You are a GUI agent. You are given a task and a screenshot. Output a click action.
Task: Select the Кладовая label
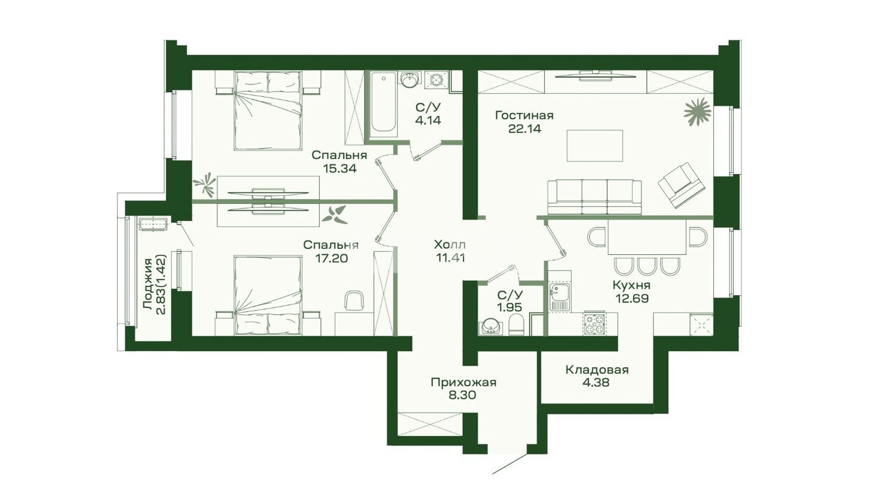(x=597, y=370)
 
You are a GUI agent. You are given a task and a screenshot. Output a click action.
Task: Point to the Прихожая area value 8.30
(x=463, y=396)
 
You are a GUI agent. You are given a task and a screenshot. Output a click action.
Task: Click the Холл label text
(x=450, y=245)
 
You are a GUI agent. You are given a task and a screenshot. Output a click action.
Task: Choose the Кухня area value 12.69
(x=631, y=298)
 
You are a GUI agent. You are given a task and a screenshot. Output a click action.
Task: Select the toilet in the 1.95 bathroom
(x=516, y=324)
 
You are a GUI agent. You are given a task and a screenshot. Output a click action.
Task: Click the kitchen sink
(x=559, y=296)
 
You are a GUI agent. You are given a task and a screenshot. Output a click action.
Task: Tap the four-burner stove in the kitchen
(x=595, y=324)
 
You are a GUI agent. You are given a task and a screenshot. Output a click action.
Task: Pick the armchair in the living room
(x=681, y=185)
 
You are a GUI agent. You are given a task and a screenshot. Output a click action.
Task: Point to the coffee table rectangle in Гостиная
(x=595, y=146)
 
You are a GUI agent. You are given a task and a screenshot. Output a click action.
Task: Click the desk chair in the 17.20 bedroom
(x=354, y=301)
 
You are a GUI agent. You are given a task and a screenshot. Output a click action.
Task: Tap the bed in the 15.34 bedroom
(x=268, y=111)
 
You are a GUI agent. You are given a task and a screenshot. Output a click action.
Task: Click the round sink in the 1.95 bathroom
(x=491, y=326)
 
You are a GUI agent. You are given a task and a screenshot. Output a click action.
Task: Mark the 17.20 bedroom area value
(x=331, y=258)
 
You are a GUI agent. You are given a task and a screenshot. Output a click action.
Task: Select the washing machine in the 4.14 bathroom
(x=437, y=81)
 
